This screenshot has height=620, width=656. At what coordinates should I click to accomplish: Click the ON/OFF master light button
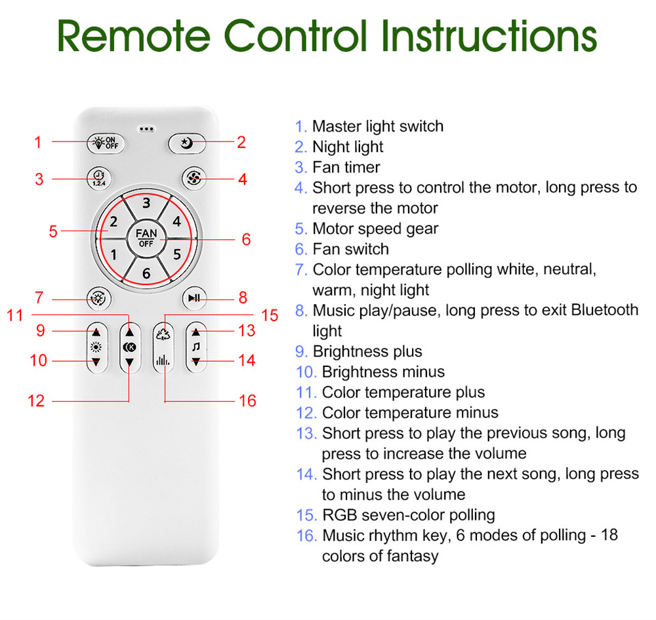tap(106, 143)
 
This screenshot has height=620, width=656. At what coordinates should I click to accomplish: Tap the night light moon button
tap(186, 144)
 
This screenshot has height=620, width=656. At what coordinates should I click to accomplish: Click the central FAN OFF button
tap(146, 239)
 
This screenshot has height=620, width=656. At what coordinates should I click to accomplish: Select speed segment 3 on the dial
tap(146, 203)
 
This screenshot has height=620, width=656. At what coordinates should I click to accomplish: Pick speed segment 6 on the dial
tap(146, 273)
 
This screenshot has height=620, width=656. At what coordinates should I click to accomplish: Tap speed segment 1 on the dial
tap(113, 254)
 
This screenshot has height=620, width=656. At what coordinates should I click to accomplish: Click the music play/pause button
tap(194, 298)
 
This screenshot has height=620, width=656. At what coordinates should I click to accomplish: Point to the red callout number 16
tap(247, 400)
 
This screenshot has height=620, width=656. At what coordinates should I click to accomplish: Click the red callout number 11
tap(14, 315)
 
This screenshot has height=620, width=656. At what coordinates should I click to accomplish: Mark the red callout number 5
tap(53, 231)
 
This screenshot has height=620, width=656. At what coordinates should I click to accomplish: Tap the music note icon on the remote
tap(195, 347)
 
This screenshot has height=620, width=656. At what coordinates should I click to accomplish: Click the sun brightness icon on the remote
tap(96, 347)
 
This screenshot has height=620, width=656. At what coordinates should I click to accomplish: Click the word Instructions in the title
tap(489, 36)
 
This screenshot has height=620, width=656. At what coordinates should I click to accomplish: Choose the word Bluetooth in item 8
tap(605, 310)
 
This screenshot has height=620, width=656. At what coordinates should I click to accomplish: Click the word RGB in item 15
tap(340, 514)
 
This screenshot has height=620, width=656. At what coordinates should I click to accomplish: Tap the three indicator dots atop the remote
tap(146, 128)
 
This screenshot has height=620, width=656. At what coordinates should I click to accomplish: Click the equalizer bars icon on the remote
tap(163, 360)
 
